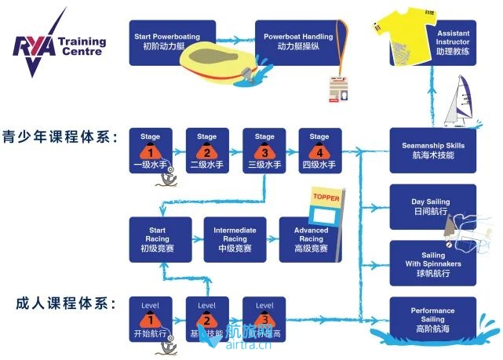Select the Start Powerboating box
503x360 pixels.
point(166,42)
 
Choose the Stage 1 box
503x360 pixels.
point(150,150)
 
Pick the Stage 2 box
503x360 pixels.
point(206,150)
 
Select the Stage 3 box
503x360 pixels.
point(264,150)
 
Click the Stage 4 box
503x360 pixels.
point(319,150)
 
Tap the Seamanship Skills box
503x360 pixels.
point(432,150)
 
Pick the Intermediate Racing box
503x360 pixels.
point(235,239)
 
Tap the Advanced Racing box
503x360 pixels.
point(311,239)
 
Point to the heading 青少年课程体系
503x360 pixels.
point(60,138)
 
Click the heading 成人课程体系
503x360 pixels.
point(60,302)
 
